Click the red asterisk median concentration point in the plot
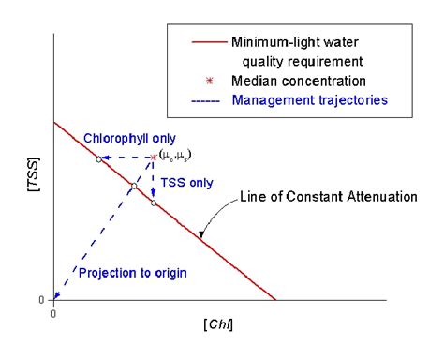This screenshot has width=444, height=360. (x=154, y=157)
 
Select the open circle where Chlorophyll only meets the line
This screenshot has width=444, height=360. (x=97, y=158)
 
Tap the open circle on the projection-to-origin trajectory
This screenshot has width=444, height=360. (x=134, y=186)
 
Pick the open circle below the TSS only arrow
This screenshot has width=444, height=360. (x=154, y=202)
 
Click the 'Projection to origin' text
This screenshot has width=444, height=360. (x=132, y=273)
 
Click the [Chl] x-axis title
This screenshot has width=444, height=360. (x=218, y=324)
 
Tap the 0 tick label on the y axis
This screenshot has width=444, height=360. (x=40, y=300)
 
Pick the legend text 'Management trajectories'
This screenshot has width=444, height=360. (x=311, y=100)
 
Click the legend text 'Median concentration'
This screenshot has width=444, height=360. (x=302, y=82)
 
